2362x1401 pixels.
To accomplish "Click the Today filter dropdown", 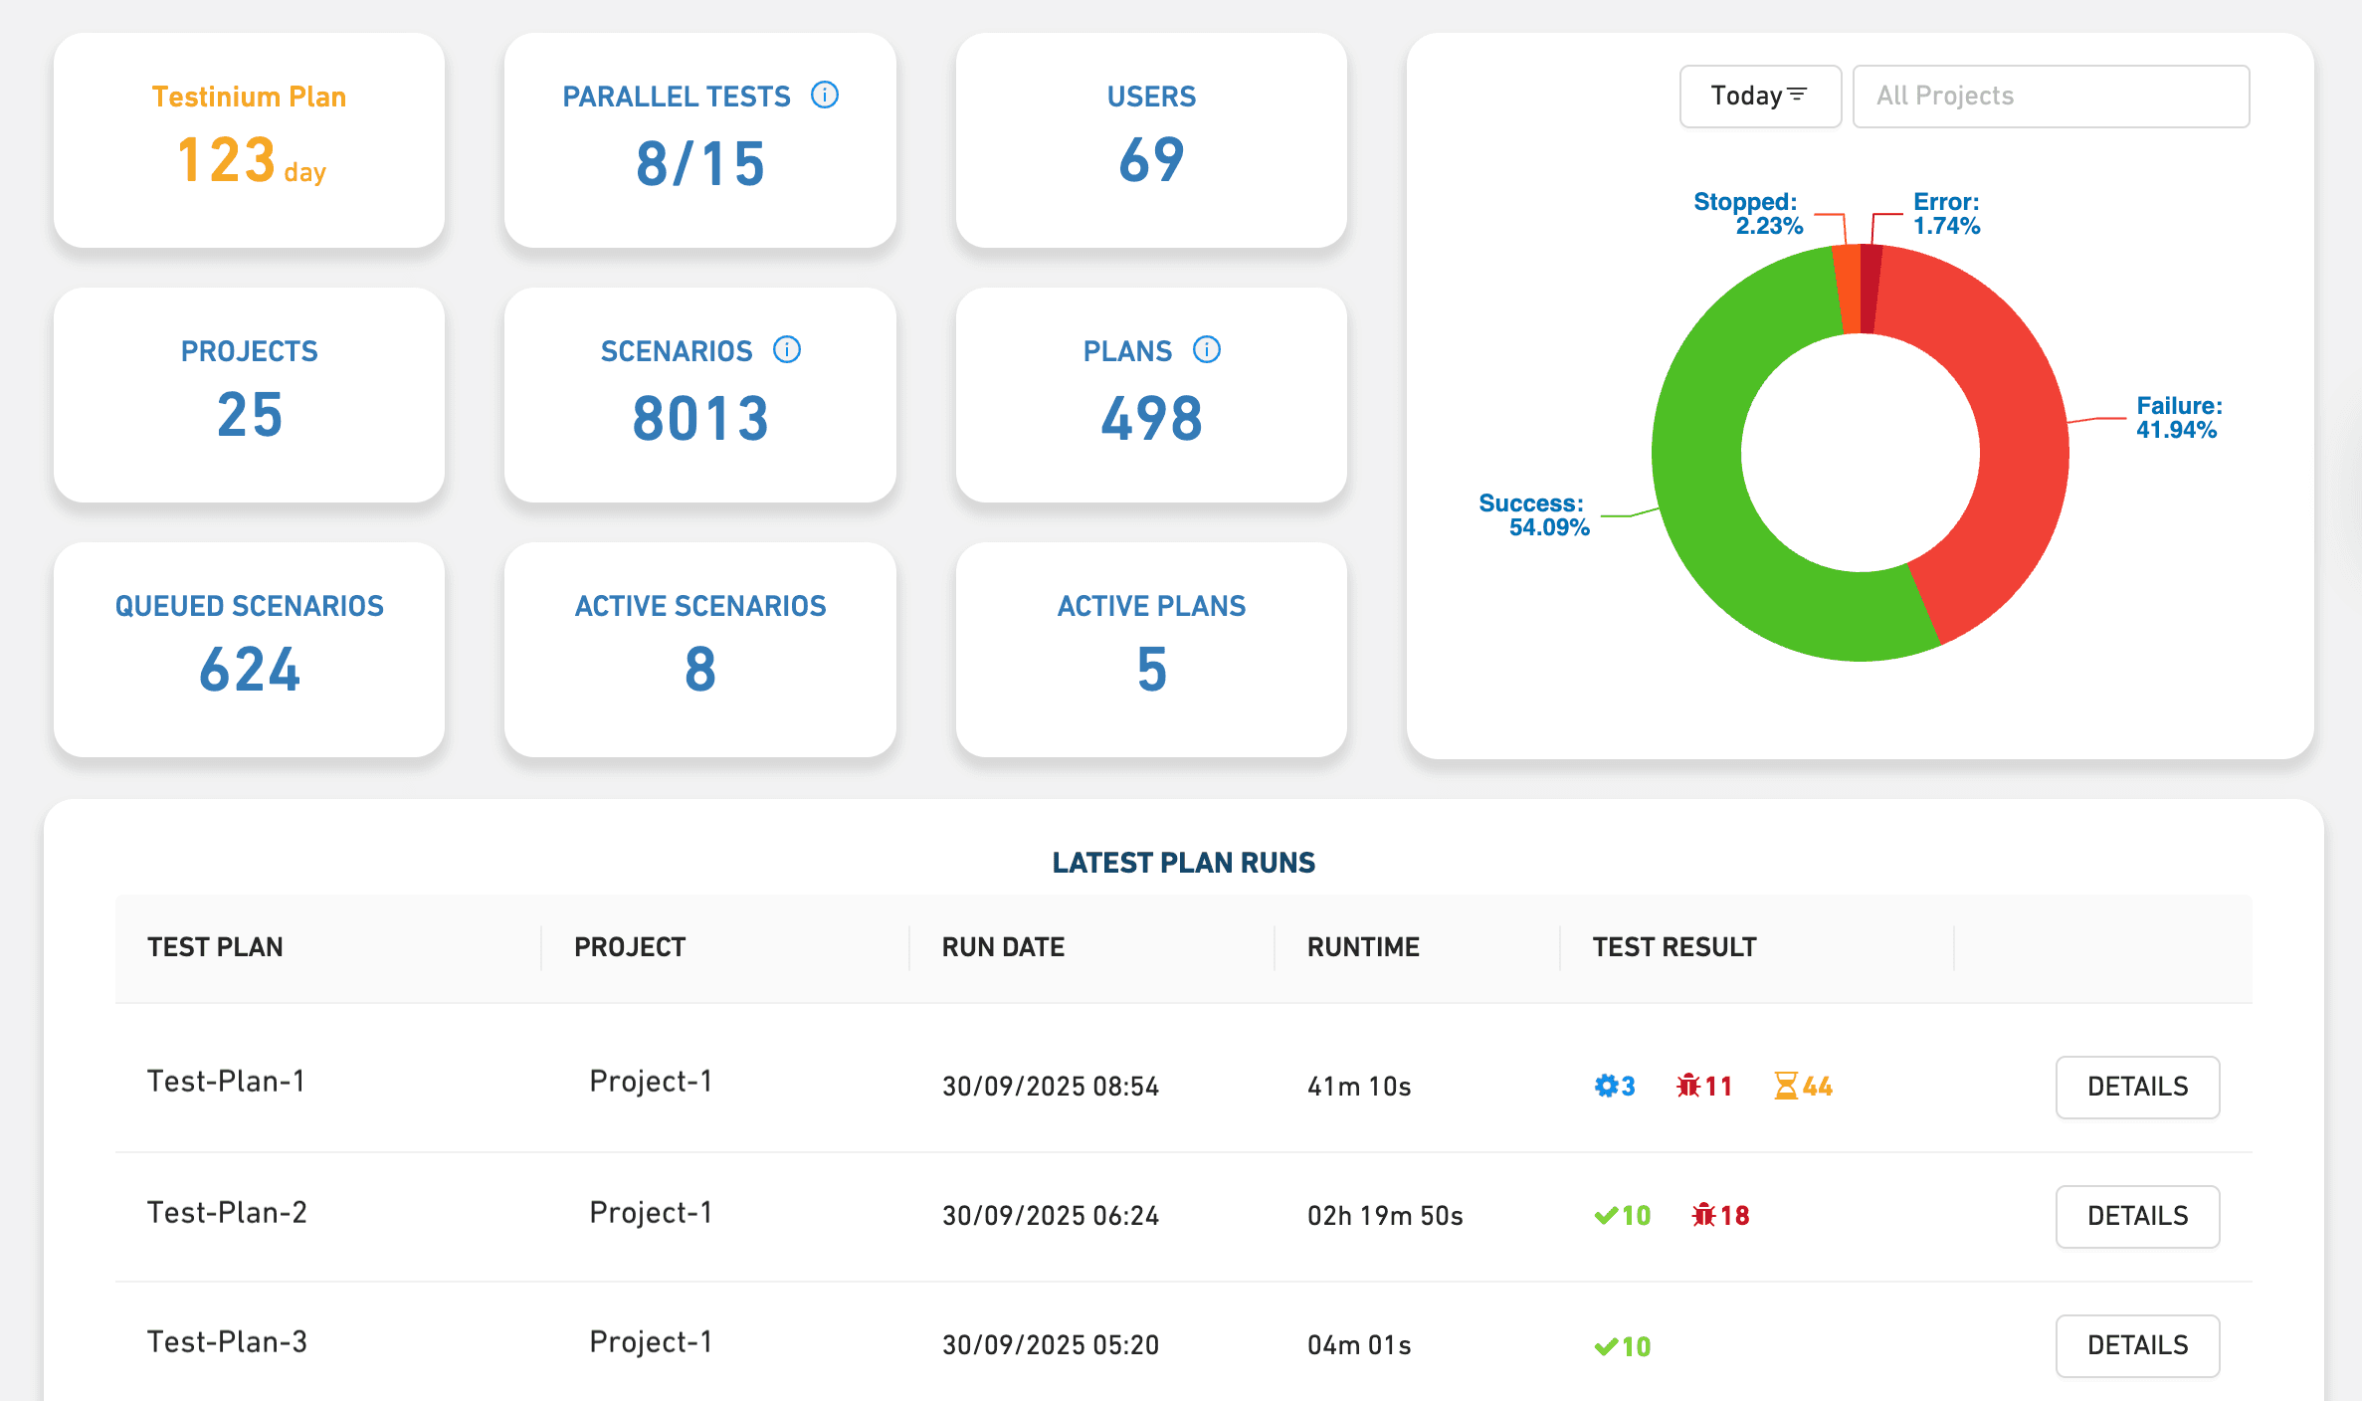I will point(1759,97).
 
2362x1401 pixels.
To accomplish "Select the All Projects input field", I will point(2050,97).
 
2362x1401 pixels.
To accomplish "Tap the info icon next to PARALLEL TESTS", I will point(825,96).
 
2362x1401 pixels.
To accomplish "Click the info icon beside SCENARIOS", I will point(787,350).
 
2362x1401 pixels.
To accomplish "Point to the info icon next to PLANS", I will point(1207,350).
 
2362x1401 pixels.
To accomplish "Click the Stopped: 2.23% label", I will point(1748,214).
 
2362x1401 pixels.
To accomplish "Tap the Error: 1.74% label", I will point(1946,214).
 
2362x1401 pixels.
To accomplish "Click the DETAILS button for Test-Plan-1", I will point(2137,1087).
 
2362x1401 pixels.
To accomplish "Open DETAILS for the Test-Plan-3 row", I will point(2137,1345).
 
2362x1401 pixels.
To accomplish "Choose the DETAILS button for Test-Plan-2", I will point(2137,1216).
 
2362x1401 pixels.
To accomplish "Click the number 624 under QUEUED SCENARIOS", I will point(249,670).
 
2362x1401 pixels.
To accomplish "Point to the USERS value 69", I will point(1151,160).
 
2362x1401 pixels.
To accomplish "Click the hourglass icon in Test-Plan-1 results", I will point(1786,1086).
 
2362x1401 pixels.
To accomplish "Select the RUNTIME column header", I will point(1363,947).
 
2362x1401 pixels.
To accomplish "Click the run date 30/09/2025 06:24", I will point(1051,1216).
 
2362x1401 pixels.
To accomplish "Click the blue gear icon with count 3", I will point(1606,1086).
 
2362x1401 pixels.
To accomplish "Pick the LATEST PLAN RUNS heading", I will point(1183,863).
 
